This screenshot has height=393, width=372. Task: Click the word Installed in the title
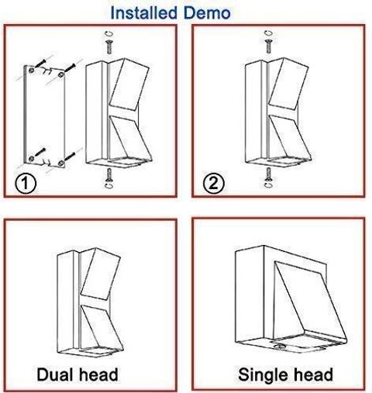[144, 13]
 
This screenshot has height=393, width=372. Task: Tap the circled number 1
[26, 183]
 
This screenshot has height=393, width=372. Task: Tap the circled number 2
[213, 183]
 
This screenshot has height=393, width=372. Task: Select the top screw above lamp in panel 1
[109, 47]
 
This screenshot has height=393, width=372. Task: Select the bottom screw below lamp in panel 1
[109, 174]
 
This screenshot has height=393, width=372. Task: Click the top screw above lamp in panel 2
[269, 47]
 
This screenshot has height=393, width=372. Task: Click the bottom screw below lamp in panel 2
[268, 174]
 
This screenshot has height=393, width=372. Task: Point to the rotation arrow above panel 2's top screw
[269, 33]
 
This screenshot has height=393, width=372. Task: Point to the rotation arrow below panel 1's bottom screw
[109, 185]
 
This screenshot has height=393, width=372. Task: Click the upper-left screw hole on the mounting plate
[31, 70]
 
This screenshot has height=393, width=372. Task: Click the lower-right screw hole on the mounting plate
[61, 163]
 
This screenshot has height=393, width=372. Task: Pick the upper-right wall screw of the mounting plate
[70, 68]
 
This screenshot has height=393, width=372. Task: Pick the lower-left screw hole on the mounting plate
[31, 158]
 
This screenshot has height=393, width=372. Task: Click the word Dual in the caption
[53, 374]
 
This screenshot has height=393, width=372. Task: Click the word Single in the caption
[262, 375]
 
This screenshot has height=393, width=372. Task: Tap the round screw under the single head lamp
[279, 346]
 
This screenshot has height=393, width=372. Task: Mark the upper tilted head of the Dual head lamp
[101, 274]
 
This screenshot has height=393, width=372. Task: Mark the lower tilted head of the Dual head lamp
[102, 326]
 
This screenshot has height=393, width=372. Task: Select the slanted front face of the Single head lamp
[308, 301]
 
